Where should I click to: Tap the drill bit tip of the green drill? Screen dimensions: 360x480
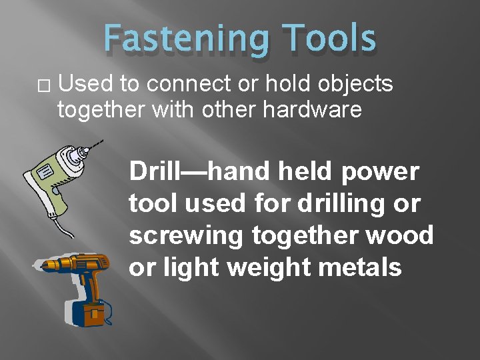tap(101, 141)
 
